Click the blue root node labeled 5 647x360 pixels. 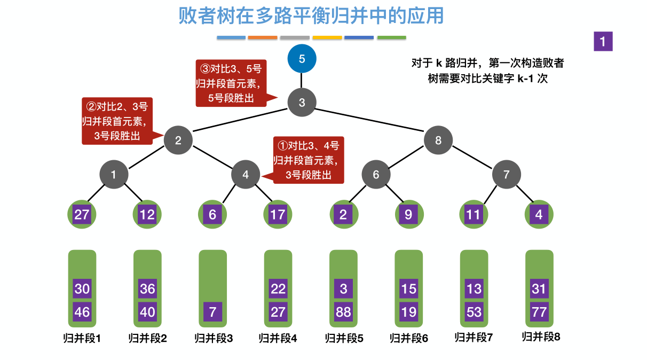tap(302, 59)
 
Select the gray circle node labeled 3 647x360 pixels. tap(302, 103)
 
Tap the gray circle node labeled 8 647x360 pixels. tap(438, 140)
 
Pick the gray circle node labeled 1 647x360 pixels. tap(113, 174)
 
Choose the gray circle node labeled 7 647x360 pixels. tap(506, 174)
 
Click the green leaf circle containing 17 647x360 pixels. tap(278, 215)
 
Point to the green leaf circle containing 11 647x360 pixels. tap(474, 215)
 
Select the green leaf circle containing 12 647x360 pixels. tap(147, 215)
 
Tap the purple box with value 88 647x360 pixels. tap(343, 311)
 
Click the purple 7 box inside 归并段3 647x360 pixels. tap(212, 311)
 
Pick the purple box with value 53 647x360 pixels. tap(474, 311)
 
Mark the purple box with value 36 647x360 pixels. tap(147, 289)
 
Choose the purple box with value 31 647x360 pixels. tap(539, 289)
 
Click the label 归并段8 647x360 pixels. tap(540, 337)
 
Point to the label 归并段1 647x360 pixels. tap(82, 338)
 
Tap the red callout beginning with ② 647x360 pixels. tap(116, 121)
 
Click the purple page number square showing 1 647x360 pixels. tap(603, 42)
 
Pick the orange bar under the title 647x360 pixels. tap(263, 38)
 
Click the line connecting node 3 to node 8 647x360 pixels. tap(370, 121)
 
